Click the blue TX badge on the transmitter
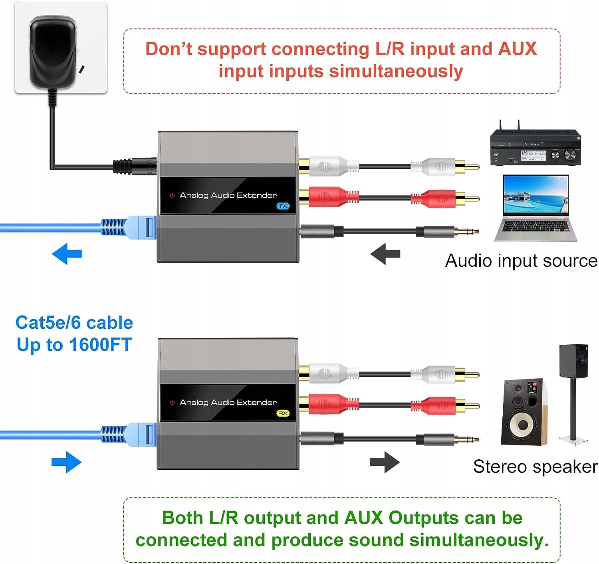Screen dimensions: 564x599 [283, 206]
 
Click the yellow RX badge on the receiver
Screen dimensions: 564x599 [283, 413]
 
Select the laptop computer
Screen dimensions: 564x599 [536, 208]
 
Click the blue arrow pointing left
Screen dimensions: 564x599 [67, 254]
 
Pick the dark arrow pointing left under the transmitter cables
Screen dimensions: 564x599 [385, 254]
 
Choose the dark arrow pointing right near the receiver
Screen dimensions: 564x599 [385, 462]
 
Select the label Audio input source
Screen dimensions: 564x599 [521, 261]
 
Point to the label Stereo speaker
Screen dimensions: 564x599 [535, 467]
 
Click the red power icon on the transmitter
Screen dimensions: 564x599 [173, 195]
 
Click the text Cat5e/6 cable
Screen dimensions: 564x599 [74, 323]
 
